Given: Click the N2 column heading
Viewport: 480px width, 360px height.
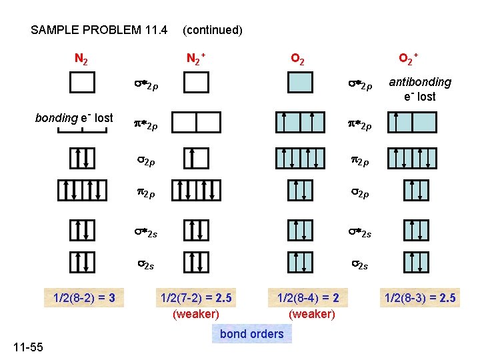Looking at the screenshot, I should (82, 59).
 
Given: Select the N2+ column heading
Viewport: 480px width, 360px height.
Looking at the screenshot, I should (195, 59).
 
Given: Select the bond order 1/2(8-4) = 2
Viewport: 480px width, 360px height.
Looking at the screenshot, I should (307, 298).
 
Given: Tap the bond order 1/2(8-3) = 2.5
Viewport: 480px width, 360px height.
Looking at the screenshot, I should (419, 298).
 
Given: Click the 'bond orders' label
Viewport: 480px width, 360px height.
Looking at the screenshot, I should (251, 334).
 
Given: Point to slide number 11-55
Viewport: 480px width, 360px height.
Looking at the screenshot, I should (27, 347).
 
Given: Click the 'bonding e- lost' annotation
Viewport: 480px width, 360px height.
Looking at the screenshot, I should (73, 118).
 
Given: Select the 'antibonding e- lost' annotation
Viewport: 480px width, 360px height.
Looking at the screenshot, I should (420, 89).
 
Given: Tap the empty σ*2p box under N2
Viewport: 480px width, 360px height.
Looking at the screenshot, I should (82, 83).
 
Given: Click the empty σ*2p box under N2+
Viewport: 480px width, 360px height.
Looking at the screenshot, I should (196, 83).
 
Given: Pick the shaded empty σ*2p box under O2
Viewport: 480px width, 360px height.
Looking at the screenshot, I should (300, 83).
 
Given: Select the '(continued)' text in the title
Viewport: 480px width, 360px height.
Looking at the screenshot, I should (212, 30).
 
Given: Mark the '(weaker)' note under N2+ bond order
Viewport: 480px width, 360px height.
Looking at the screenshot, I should (195, 313).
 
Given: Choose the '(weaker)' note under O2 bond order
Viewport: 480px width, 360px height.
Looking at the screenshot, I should (312, 313).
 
